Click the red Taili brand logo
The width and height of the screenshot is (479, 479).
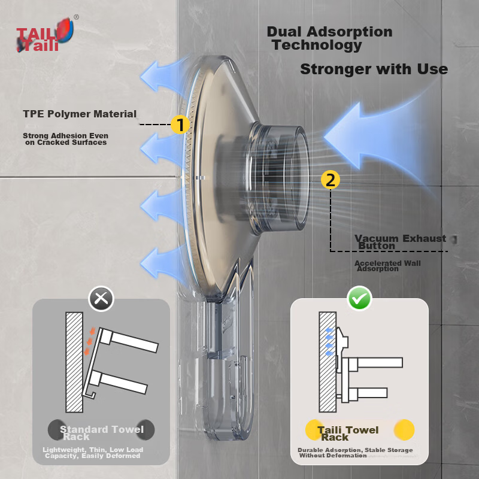[x=45, y=35]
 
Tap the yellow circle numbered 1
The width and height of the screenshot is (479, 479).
[x=180, y=125]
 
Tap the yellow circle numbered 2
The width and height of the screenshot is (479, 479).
[x=331, y=180]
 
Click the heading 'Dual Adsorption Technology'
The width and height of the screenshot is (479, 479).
[x=330, y=38]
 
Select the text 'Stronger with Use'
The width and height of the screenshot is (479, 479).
[x=374, y=69]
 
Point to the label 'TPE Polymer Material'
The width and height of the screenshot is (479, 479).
[x=80, y=114]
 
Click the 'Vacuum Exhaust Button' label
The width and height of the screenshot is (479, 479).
[x=400, y=242]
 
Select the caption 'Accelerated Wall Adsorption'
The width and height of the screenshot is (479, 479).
[x=387, y=266]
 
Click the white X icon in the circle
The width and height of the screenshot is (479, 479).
[x=101, y=298]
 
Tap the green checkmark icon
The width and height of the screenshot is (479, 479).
[x=359, y=298]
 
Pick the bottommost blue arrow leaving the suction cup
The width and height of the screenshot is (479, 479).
[x=162, y=263]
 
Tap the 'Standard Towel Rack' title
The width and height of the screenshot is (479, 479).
[x=101, y=433]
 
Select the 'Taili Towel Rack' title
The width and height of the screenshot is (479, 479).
[x=348, y=433]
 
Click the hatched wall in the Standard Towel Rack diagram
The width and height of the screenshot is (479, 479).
[x=74, y=362]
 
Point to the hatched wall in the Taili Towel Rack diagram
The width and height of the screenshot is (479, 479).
[x=328, y=362]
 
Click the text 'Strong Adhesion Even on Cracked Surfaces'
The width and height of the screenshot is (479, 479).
[x=66, y=139]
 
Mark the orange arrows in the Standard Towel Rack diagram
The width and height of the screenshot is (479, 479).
[x=89, y=341]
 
